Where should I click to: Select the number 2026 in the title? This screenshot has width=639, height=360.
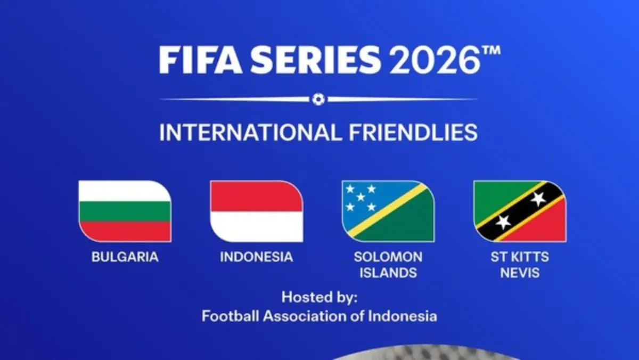[431, 60]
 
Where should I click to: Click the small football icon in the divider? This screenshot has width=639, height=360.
[318, 99]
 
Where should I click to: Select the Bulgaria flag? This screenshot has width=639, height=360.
[125, 211]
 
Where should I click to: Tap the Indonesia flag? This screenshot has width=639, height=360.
[256, 211]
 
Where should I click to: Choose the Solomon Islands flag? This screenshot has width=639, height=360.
[388, 211]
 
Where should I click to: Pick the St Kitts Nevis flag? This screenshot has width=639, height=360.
[519, 211]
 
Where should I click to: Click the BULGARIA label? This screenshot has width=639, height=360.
[125, 257]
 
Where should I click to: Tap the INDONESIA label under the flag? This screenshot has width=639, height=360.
[256, 257]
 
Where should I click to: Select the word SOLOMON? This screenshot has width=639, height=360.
[388, 257]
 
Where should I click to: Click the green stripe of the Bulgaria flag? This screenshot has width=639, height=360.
[125, 211]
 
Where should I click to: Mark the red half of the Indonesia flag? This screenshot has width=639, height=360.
[256, 197]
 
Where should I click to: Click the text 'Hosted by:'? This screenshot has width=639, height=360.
[319, 297]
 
